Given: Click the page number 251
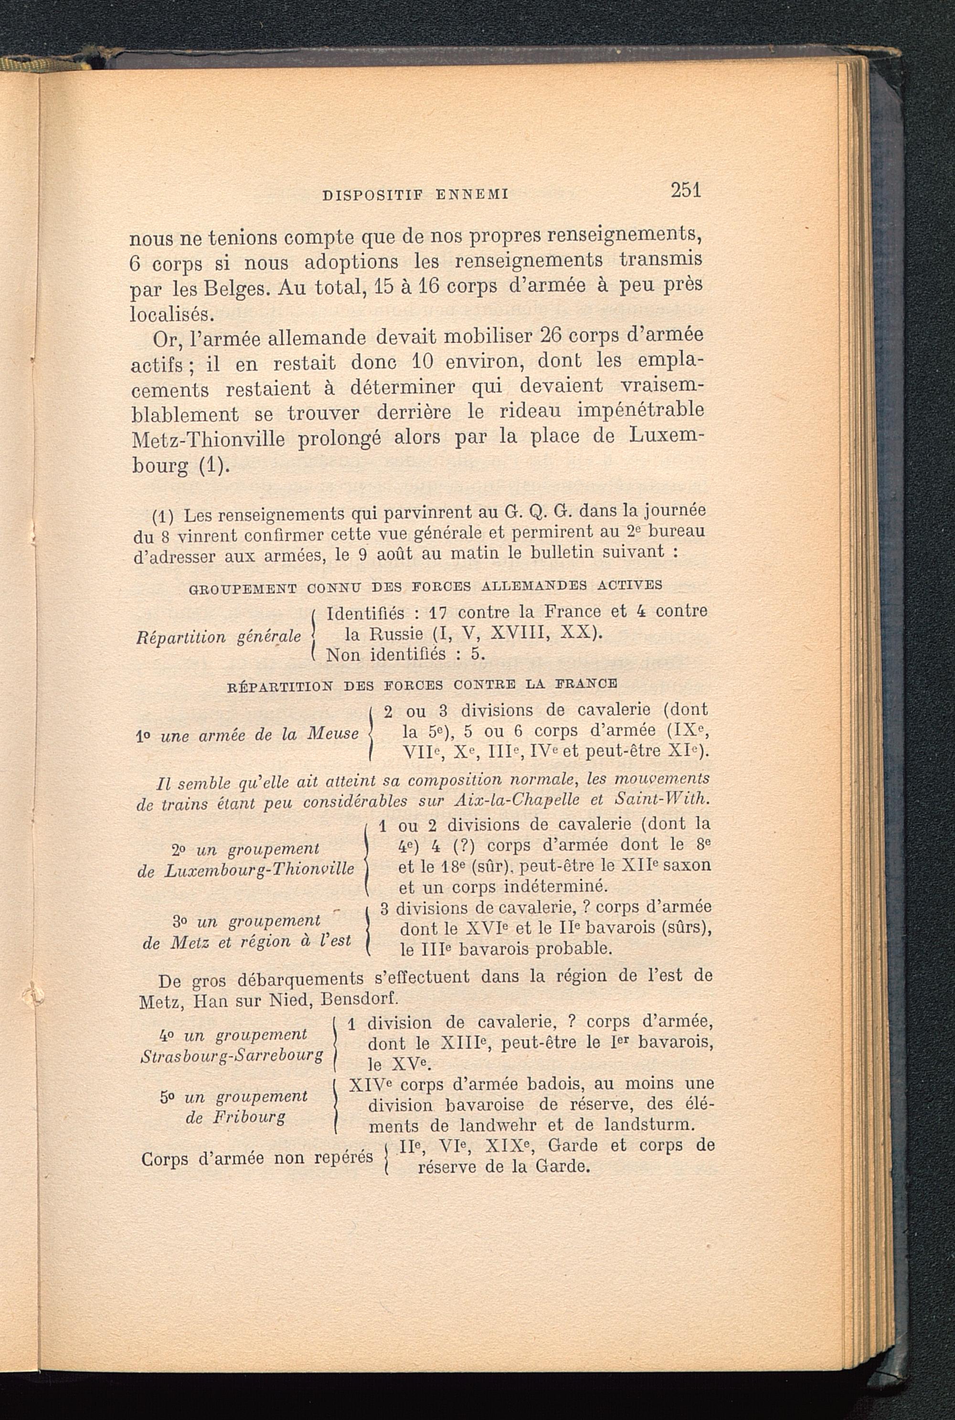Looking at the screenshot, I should click(x=686, y=191).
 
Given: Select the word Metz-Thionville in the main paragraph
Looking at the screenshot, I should click(x=208, y=440).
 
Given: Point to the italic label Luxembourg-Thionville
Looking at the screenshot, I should click(x=259, y=869).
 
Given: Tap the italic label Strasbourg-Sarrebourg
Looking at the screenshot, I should click(x=232, y=1055).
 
